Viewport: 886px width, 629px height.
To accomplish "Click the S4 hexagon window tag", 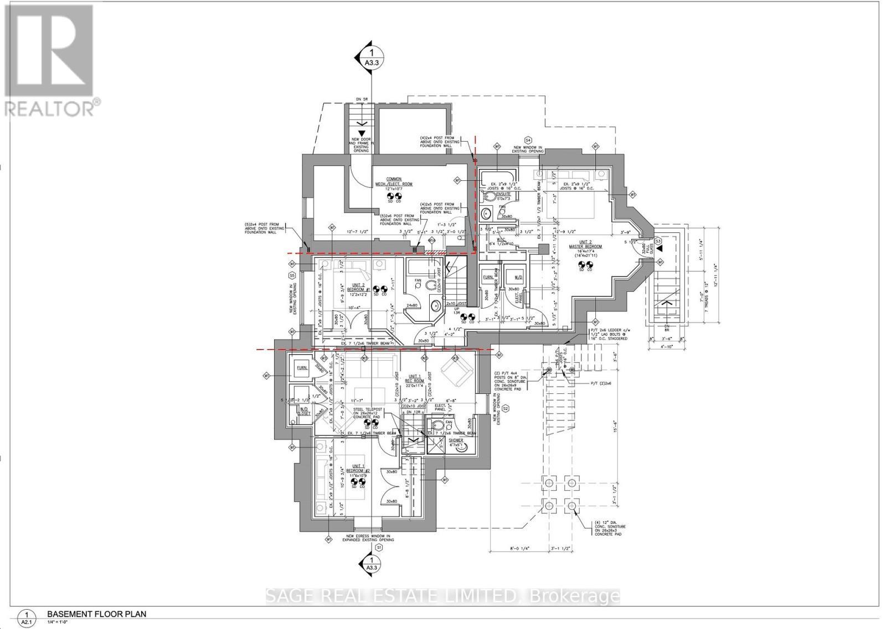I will pos(528,140).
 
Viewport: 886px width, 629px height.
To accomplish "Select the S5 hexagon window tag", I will pos(291,275).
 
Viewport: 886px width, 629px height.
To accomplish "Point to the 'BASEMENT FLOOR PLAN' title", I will pos(96,614).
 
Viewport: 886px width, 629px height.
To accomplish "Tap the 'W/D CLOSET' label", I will pos(304,411).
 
